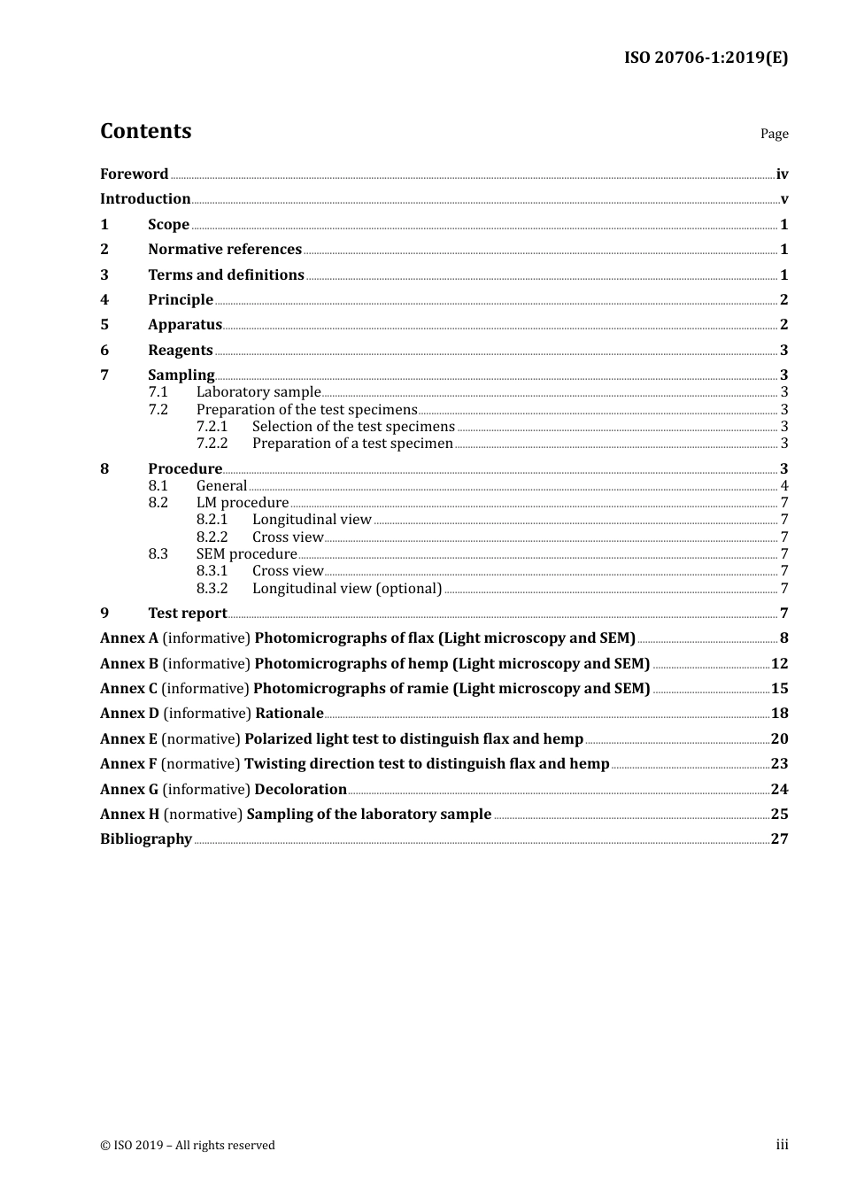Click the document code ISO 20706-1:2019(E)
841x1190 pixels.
(x=706, y=58)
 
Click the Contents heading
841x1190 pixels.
(x=145, y=131)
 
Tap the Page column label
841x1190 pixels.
(x=774, y=134)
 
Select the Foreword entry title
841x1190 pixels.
(x=134, y=174)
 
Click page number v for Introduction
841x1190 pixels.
(x=784, y=199)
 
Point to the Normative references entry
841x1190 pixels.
(x=225, y=250)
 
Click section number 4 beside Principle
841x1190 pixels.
(x=104, y=300)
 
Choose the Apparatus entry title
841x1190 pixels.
(x=184, y=325)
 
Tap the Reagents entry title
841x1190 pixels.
(x=180, y=351)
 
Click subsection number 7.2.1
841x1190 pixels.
(x=212, y=427)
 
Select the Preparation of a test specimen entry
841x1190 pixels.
(x=352, y=444)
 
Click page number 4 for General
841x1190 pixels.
(x=784, y=486)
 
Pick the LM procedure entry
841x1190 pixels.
(x=242, y=503)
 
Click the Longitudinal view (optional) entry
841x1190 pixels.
(x=347, y=589)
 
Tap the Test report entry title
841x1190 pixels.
(x=187, y=614)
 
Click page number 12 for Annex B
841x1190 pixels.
(x=779, y=664)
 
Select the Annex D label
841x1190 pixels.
(x=129, y=714)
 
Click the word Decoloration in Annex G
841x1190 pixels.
(x=300, y=790)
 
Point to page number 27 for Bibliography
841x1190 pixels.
(x=779, y=839)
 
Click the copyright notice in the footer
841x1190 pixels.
(x=188, y=1146)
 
